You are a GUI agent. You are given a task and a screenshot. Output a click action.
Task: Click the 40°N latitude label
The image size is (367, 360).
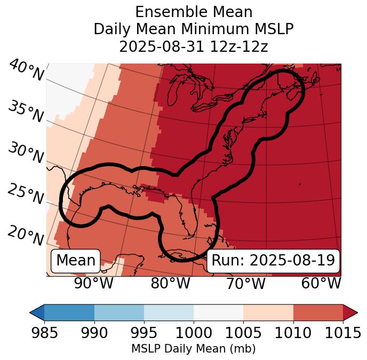pyautogui.click(x=26, y=71)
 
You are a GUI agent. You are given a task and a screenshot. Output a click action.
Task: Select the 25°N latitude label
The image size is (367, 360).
pyautogui.click(x=26, y=194)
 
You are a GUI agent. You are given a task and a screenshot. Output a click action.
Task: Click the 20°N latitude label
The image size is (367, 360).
pyautogui.click(x=26, y=236)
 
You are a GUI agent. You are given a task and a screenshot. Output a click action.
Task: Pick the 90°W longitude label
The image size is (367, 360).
pyautogui.click(x=93, y=284)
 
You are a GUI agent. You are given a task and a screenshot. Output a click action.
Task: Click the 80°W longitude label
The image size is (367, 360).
pyautogui.click(x=170, y=284)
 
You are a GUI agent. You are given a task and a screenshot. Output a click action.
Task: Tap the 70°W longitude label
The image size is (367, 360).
pyautogui.click(x=245, y=284)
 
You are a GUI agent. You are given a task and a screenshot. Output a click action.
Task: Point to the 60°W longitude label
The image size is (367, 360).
pyautogui.click(x=321, y=284)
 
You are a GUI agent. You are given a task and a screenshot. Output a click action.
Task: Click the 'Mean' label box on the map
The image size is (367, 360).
pyautogui.click(x=76, y=261)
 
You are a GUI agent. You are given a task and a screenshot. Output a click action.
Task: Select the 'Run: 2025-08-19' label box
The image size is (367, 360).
pyautogui.click(x=273, y=261)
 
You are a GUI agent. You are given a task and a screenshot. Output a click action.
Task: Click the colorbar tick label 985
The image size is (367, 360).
pyautogui.click(x=44, y=333)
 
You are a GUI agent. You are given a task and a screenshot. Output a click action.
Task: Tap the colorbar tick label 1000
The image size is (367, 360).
pyautogui.click(x=194, y=333)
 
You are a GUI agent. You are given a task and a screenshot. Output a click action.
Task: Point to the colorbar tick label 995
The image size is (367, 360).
pyautogui.click(x=143, y=333)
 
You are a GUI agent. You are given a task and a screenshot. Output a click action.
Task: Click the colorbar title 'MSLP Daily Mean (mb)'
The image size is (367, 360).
pyautogui.click(x=193, y=349)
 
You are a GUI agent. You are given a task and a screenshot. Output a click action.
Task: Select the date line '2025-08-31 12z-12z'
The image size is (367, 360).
pyautogui.click(x=193, y=46)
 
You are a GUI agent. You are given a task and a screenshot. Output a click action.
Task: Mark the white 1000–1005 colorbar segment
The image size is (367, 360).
pyautogui.click(x=218, y=312)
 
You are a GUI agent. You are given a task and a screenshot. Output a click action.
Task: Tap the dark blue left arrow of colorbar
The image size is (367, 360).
pyautogui.click(x=37, y=312)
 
